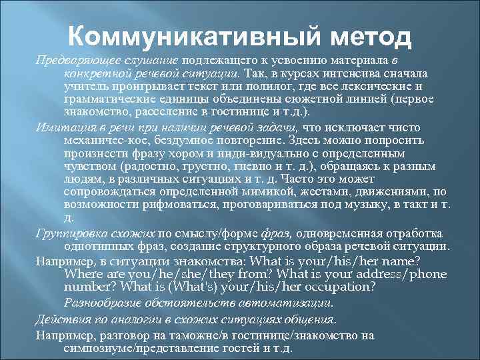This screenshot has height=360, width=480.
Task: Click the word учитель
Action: (x=84, y=87)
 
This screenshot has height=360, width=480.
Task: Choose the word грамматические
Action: (x=108, y=99)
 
